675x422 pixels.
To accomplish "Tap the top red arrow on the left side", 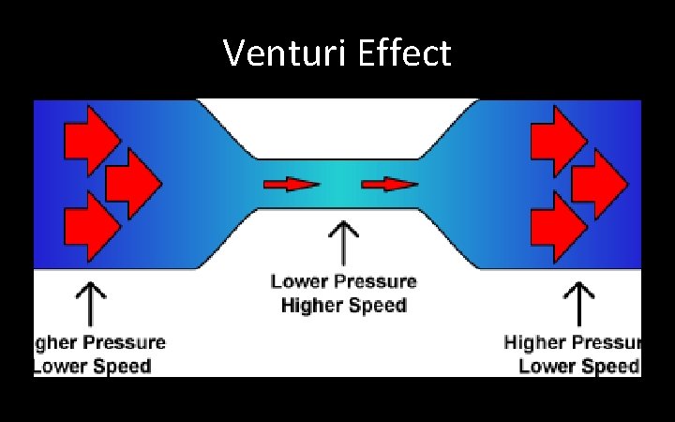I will point(91,139).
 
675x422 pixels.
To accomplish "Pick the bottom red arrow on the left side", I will point(91,226).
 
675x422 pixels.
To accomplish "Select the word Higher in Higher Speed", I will point(310,305).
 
